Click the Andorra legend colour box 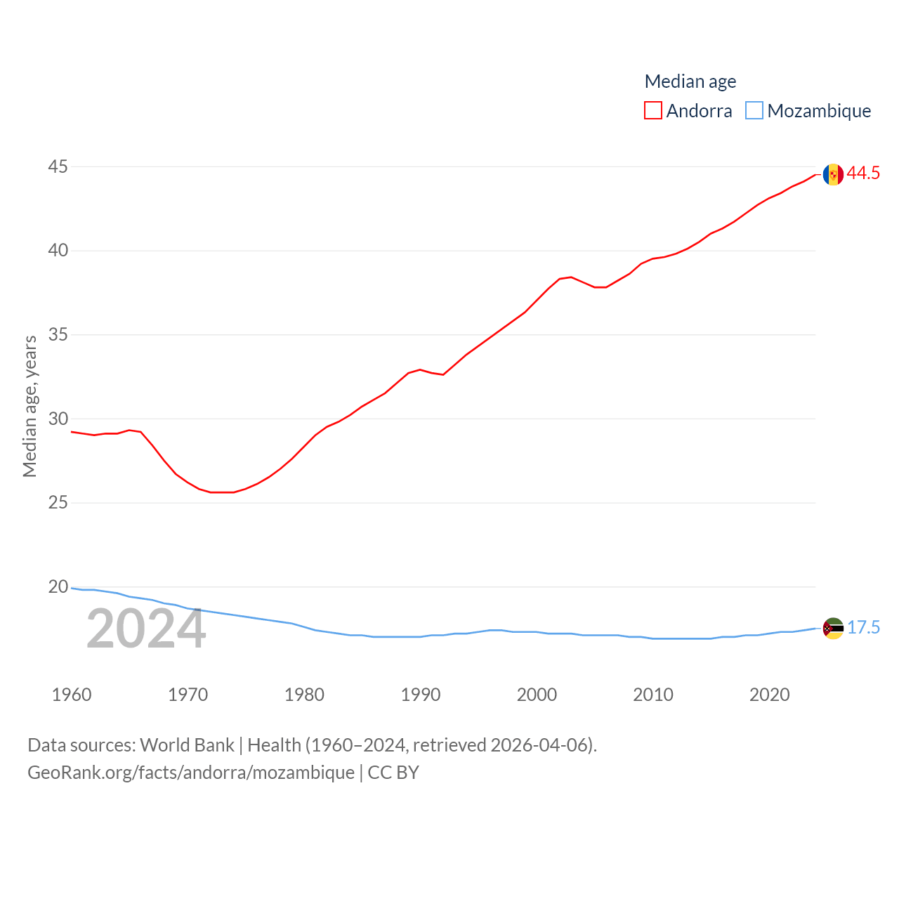(653, 111)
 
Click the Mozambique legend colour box (754, 111)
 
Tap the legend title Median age (690, 81)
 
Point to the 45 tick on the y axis (58, 167)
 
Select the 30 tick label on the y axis (58, 419)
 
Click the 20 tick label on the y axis (58, 587)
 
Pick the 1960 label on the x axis (72, 695)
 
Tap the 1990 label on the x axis (421, 695)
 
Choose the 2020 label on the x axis (770, 695)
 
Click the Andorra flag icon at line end (833, 174)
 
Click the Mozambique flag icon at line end (833, 628)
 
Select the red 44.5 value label (863, 173)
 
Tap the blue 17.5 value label (863, 627)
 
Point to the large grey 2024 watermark (146, 629)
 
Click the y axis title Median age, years (29, 406)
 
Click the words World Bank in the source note (187, 745)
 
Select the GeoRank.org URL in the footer (191, 773)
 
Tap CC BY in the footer (393, 773)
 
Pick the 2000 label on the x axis (537, 695)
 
